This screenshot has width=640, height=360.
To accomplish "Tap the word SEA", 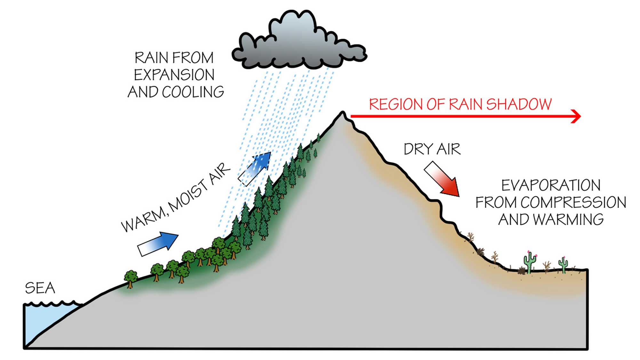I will pos(40,288).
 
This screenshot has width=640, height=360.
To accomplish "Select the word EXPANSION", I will pos(174,75).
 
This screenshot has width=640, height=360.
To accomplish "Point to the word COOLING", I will pos(193,92).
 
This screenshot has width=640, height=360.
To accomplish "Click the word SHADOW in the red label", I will pos(519,105).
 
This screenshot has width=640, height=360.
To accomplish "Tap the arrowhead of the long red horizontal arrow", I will pos(576,116).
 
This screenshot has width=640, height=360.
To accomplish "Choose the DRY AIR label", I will pos(432,149).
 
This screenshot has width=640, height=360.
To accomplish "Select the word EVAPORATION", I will pos(551,186).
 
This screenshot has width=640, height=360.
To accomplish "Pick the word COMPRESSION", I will pos(573,203).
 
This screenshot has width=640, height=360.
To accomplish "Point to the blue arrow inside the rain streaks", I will pos(255,168).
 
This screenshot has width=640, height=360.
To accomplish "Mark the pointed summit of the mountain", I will pos(342,113).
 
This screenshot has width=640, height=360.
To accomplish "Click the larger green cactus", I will pos(530,262).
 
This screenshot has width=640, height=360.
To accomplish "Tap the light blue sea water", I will pos(45,320).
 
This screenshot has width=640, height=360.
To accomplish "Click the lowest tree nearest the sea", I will pos(131,278).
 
